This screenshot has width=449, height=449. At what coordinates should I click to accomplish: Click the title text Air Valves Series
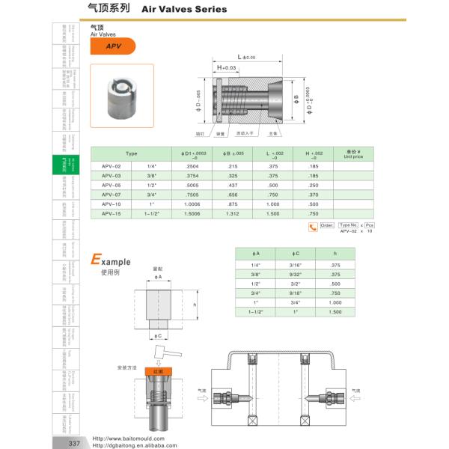pyautogui.click(x=179, y=10)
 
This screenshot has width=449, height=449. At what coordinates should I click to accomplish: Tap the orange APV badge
pyautogui.click(x=112, y=46)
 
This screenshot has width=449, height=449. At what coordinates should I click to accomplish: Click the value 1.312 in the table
pyautogui.click(x=233, y=213)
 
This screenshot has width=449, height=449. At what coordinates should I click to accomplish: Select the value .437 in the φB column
pyautogui.click(x=233, y=184)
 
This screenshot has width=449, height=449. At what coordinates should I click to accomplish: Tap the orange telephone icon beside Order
pyautogui.click(x=313, y=227)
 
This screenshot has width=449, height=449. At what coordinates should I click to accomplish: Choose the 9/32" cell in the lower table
pyautogui.click(x=296, y=274)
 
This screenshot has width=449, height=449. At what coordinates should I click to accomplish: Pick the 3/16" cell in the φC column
pyautogui.click(x=296, y=264)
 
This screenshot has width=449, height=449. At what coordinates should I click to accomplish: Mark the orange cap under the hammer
pyautogui.click(x=158, y=370)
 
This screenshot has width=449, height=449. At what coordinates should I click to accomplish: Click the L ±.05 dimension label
pyautogui.click(x=246, y=57)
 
